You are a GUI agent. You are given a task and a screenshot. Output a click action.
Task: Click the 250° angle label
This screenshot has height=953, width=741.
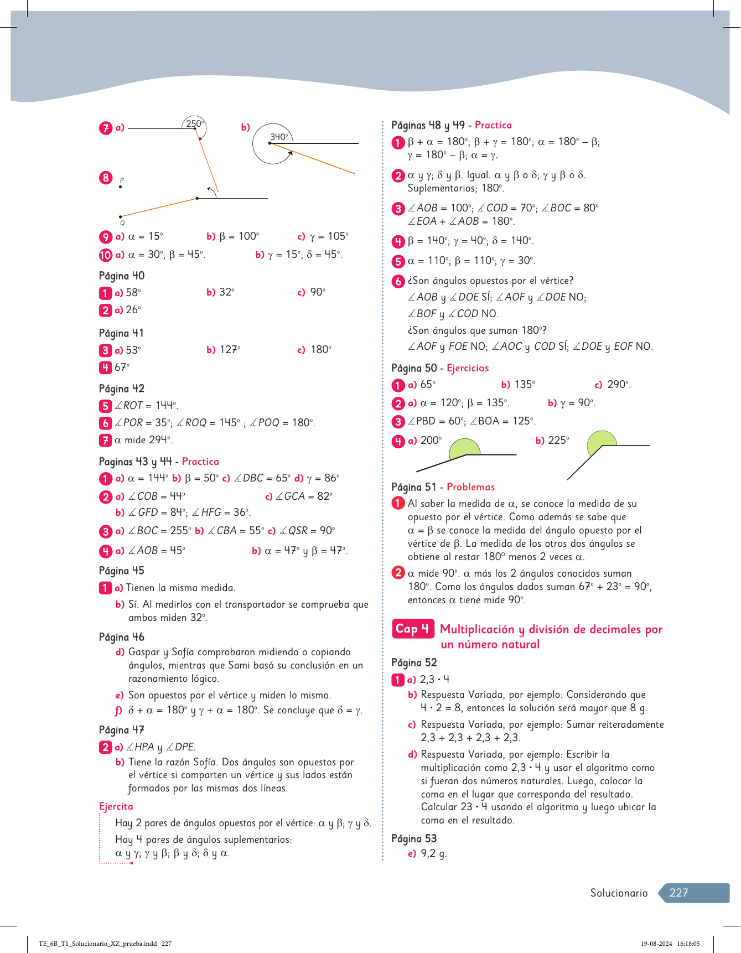tap(195, 124)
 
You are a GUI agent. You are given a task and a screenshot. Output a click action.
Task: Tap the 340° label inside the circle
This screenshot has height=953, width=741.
tap(279, 137)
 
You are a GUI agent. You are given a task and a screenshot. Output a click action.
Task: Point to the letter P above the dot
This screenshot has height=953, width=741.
tap(122, 180)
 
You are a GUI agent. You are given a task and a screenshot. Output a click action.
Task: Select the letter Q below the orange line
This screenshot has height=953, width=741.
tap(122, 223)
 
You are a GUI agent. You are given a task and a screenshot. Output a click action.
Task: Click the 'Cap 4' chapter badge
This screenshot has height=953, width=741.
tap(413, 629)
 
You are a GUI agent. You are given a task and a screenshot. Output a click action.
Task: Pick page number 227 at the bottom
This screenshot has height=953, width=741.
tap(678, 893)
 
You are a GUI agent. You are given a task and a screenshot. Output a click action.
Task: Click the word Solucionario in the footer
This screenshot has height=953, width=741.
tap(619, 893)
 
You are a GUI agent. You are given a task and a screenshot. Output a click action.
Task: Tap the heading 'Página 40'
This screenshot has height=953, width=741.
tap(122, 276)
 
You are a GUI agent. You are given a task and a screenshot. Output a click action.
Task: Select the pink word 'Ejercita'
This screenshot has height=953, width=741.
tap(116, 806)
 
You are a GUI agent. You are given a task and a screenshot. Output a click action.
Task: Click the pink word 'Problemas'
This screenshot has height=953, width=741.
tap(470, 487)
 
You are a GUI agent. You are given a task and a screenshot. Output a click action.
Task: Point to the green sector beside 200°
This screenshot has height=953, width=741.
tap(464, 448)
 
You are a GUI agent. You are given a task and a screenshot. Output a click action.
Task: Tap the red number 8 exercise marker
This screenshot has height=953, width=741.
tap(106, 178)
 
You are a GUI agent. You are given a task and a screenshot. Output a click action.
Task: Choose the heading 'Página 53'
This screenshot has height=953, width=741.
tap(414, 838)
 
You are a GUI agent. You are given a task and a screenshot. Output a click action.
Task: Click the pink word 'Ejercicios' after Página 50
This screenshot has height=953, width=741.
tap(468, 368)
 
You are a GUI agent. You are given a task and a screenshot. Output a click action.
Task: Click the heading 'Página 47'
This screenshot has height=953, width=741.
tap(122, 730)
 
